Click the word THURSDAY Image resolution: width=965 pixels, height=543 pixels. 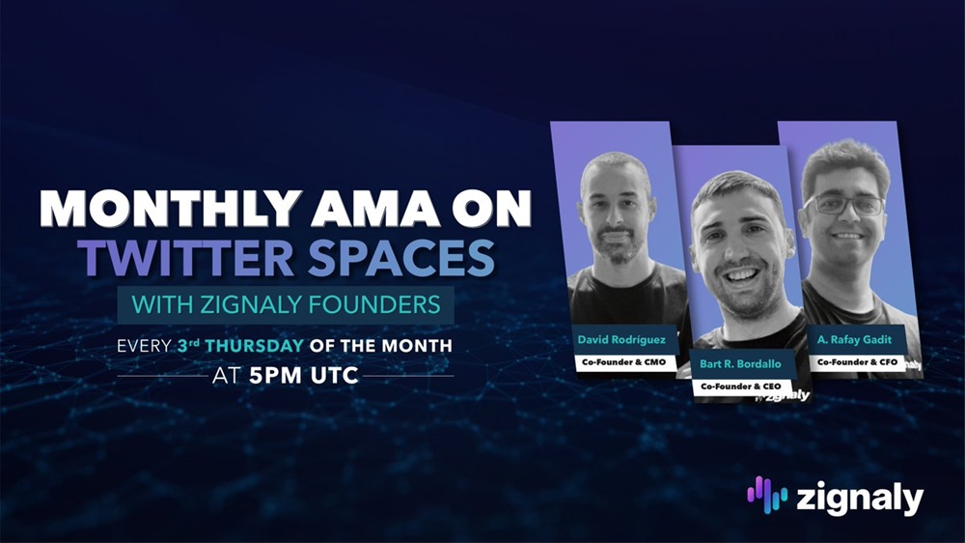pos(254,345)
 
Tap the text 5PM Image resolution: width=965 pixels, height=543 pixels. pos(275,375)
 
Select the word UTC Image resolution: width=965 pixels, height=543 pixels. pos(335,375)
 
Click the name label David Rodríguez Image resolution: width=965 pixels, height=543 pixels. pos(621,339)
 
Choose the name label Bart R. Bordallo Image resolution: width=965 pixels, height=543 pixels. pos(740,363)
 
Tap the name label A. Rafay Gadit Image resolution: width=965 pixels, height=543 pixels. pos(854,339)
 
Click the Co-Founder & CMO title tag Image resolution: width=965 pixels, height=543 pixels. pos(624,362)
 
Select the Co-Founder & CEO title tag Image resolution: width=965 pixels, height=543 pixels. pos(741,386)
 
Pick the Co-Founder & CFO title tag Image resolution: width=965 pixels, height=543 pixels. pos(857,362)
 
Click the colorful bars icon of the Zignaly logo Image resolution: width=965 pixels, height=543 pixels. pos(767,495)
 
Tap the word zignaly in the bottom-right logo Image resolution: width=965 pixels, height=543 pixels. pos(860,498)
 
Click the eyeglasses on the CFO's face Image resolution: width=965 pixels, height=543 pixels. pos(843,204)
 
